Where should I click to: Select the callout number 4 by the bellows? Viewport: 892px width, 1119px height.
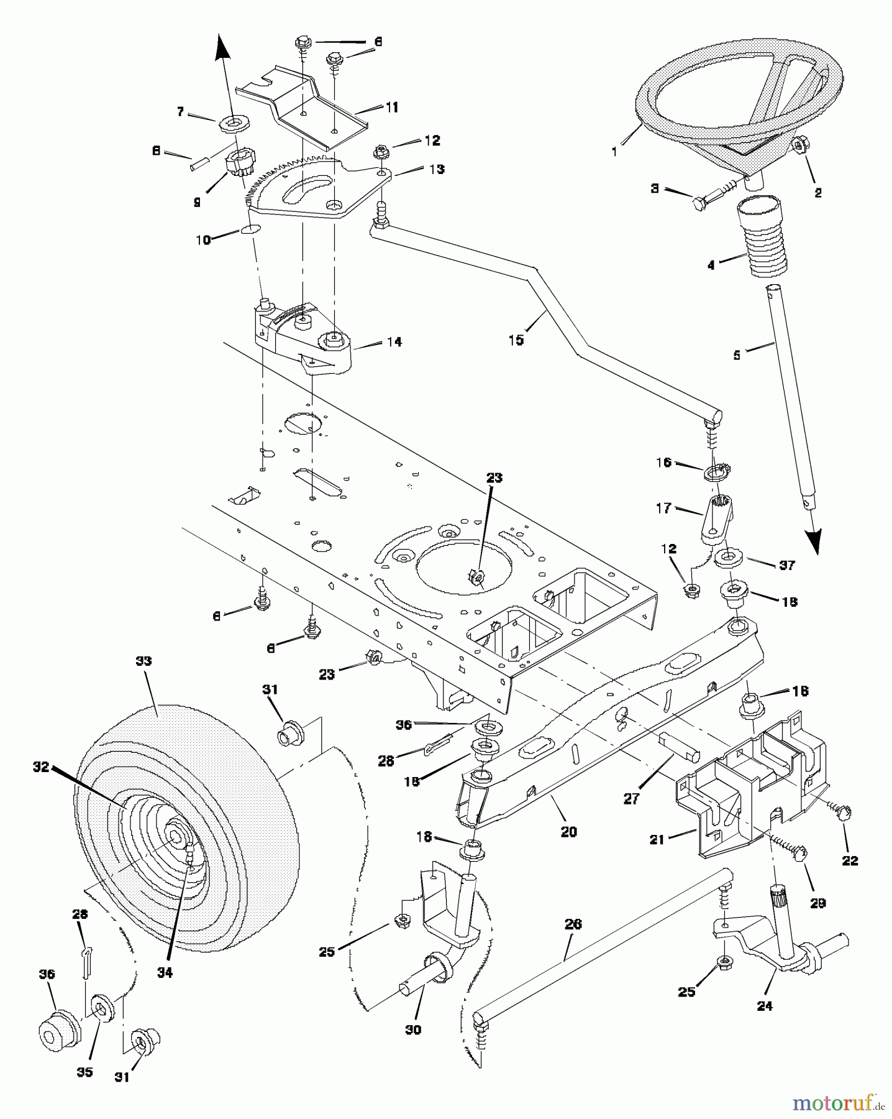[711, 265]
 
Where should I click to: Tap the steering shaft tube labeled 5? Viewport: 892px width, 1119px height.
[789, 398]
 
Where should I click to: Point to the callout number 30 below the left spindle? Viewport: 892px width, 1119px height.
[412, 1029]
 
